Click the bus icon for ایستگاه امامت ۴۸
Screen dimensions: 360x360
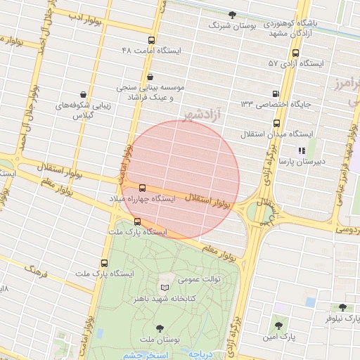[x=152, y=40]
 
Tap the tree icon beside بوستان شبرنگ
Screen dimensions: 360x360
[x=233, y=14]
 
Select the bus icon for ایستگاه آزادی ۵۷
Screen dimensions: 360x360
[x=294, y=53]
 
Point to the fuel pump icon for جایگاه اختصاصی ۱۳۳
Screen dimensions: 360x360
[x=275, y=94]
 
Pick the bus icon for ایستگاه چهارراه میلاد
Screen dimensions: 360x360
[x=142, y=188]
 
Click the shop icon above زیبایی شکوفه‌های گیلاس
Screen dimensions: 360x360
[x=84, y=94]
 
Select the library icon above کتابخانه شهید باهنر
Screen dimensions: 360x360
[x=165, y=287]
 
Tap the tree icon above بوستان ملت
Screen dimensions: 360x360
[x=160, y=328]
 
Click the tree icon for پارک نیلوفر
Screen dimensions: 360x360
[x=342, y=307]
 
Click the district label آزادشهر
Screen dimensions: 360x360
[x=201, y=112]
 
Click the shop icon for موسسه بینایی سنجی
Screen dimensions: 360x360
[x=150, y=76]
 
